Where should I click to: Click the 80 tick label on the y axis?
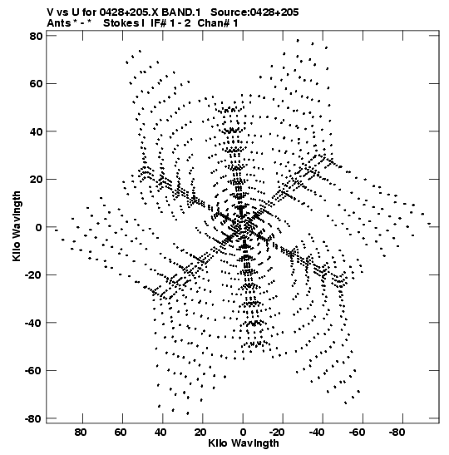[x=36, y=36]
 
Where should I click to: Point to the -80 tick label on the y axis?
[x=33, y=418]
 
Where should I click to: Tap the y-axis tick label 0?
[x=39, y=227]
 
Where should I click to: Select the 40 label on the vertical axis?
[x=36, y=131]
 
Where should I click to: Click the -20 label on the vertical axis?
[x=33, y=274]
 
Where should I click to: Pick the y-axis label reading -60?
[x=33, y=370]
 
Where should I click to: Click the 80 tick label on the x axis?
[x=81, y=433]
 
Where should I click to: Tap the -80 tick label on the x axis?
[x=396, y=433]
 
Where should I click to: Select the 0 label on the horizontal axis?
[x=243, y=433]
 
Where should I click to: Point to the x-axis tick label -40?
[x=316, y=433]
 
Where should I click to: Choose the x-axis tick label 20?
[x=200, y=433]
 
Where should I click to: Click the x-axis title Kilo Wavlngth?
[x=244, y=443]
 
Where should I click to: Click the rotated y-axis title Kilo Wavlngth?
[x=17, y=226]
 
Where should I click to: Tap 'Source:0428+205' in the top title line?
[x=254, y=12]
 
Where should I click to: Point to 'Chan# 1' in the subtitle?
[x=218, y=23]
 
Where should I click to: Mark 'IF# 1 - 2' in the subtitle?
[x=170, y=23]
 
